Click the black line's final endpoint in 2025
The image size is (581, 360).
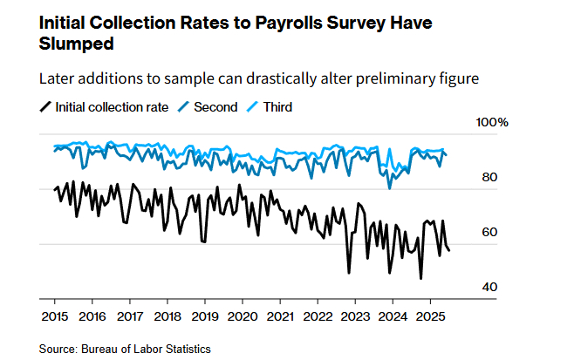pos(449,250)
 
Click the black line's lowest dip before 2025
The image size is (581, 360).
pos(421,278)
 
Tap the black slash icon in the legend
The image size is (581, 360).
pos(45,107)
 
